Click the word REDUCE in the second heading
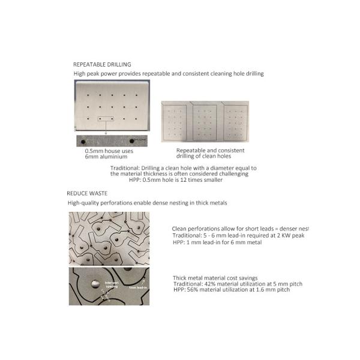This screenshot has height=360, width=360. pyautogui.click(x=77, y=194)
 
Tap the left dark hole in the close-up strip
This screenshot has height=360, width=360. pyautogui.click(x=80, y=141)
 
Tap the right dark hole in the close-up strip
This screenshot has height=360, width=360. pyautogui.click(x=132, y=141)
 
